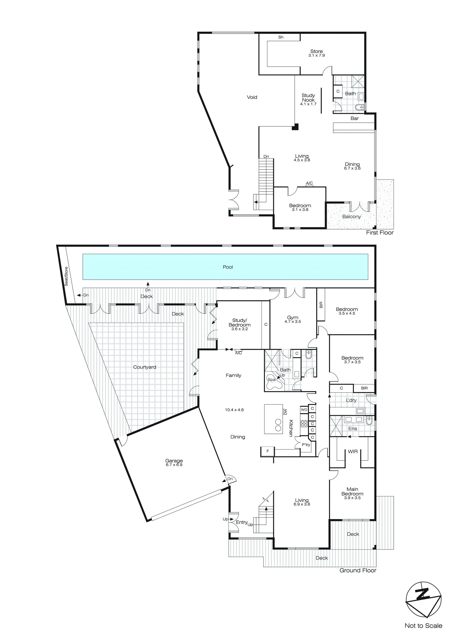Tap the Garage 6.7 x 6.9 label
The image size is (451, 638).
point(174,462)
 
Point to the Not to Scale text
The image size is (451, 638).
point(423,625)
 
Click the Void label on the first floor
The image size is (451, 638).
point(252,97)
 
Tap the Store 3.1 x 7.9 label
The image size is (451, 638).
point(316,53)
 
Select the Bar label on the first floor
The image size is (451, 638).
point(354,118)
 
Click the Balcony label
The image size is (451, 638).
point(351,216)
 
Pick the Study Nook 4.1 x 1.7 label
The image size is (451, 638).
point(308,99)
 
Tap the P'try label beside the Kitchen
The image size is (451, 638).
point(306,445)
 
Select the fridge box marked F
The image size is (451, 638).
point(267,451)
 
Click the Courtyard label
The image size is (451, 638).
point(144,367)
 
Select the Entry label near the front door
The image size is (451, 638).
point(242,522)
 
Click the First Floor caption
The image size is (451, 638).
point(380,233)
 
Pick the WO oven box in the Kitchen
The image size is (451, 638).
point(304,410)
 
